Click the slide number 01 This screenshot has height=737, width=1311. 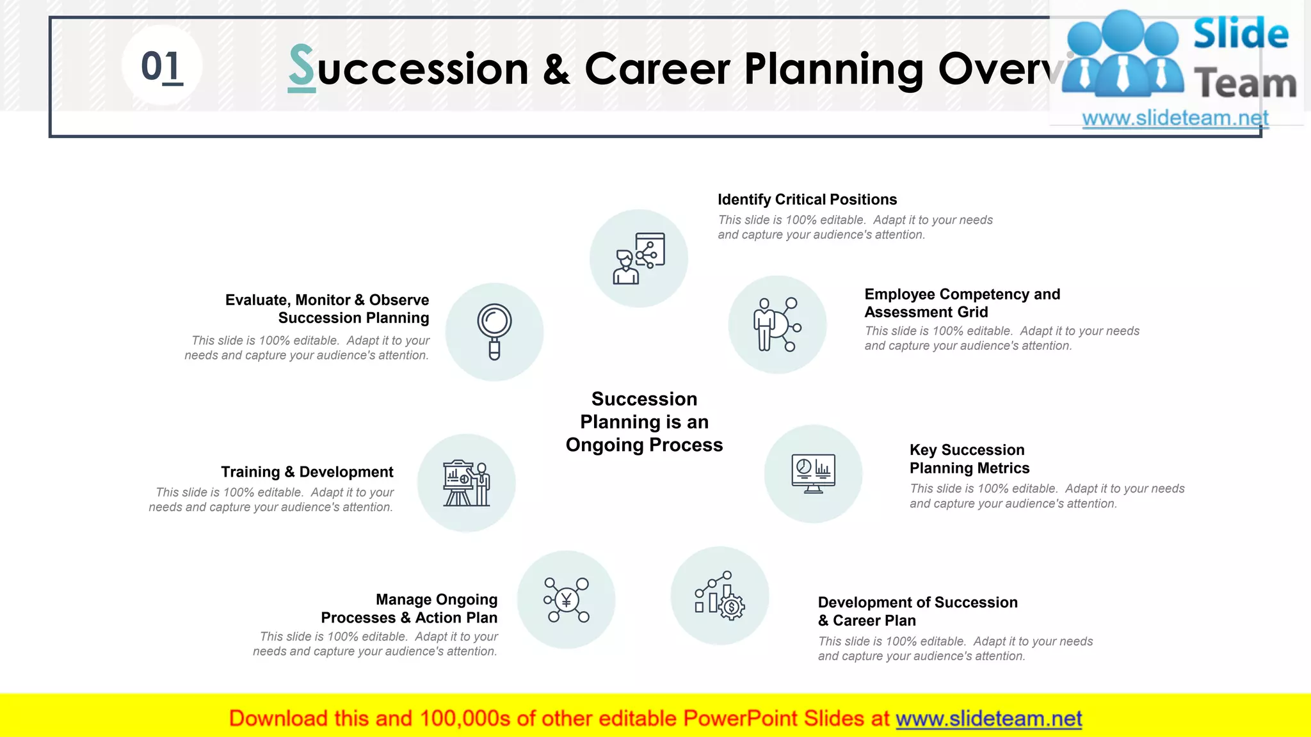tap(161, 67)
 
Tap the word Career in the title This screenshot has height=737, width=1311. tap(657, 68)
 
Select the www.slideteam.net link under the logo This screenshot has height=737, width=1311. tap(1175, 118)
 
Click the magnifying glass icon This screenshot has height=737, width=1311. tap(494, 331)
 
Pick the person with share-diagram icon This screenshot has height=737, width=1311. tap(639, 258)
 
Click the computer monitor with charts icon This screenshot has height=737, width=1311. tap(813, 473)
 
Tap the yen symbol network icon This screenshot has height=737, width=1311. tap(566, 600)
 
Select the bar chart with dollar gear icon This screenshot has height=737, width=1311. tap(720, 596)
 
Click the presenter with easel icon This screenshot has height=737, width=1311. tap(467, 483)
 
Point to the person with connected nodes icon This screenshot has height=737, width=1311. tap(776, 324)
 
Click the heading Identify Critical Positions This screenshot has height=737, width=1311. tap(807, 200)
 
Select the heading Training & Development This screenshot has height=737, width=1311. tap(307, 472)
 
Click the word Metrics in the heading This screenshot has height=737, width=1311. tap(1003, 468)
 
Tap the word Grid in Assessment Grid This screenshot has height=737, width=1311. tap(973, 312)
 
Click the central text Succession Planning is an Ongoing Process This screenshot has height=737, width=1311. tap(644, 422)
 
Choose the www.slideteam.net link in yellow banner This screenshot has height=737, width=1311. tap(988, 719)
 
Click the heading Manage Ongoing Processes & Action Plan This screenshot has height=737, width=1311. tap(409, 608)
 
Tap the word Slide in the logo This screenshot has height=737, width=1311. tap(1240, 35)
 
